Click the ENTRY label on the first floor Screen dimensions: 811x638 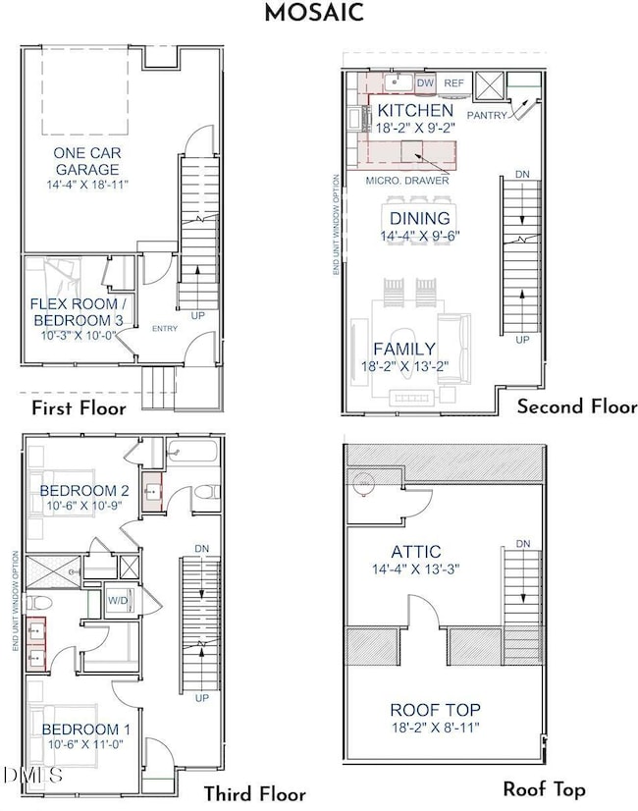[165, 328]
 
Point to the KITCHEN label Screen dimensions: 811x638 [415, 110]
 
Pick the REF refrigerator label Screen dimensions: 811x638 [453, 84]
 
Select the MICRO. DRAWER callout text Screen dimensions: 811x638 [407, 180]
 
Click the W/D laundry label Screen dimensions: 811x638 [117, 600]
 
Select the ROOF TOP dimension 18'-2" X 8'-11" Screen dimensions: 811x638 [435, 727]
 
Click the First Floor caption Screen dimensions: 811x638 [78, 407]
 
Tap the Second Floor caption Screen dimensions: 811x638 [577, 406]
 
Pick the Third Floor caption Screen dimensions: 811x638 [254, 794]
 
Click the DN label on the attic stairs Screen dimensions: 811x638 [523, 543]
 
